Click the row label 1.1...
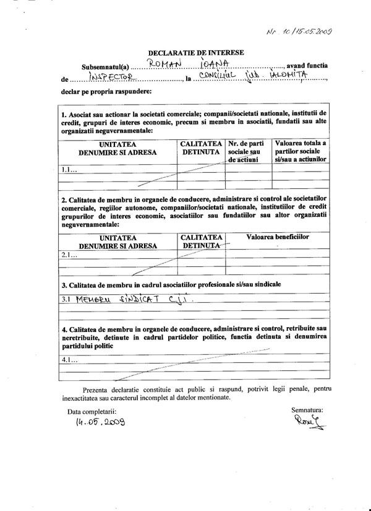69,168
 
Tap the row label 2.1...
69,254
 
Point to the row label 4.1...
69,359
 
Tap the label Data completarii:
92,411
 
